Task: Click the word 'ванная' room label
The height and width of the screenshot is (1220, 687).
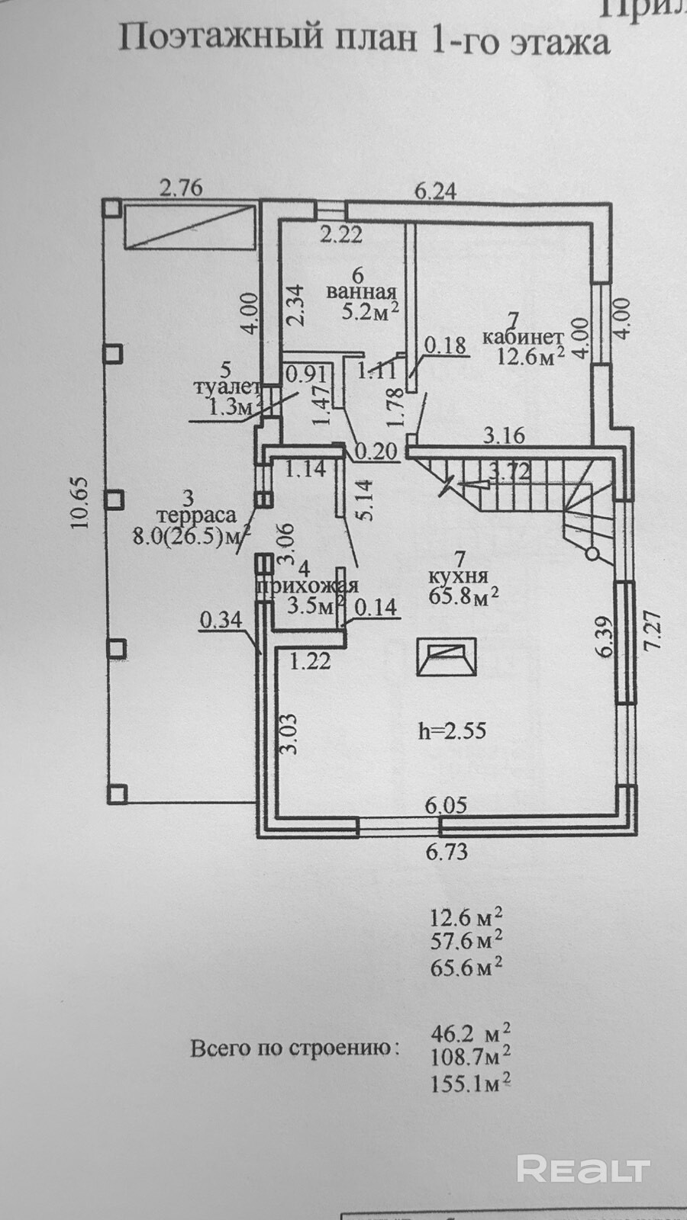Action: pyautogui.click(x=361, y=292)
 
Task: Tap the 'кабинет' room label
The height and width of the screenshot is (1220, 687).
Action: pyautogui.click(x=523, y=336)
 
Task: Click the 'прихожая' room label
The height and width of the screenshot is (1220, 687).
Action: pyautogui.click(x=307, y=586)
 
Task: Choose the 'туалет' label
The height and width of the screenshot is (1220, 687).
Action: pyautogui.click(x=227, y=388)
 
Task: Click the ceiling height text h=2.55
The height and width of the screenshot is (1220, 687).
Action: pyautogui.click(x=452, y=730)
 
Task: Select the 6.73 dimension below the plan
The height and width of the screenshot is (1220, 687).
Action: pyautogui.click(x=447, y=851)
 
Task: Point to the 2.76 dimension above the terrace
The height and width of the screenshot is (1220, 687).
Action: pyautogui.click(x=181, y=188)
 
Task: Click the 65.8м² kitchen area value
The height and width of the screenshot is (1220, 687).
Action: pyautogui.click(x=463, y=596)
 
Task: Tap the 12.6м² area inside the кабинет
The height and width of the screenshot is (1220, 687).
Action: pyautogui.click(x=530, y=355)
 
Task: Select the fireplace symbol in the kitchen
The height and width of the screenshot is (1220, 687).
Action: pyautogui.click(x=446, y=657)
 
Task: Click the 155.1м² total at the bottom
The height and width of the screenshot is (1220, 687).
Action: pyautogui.click(x=470, y=1082)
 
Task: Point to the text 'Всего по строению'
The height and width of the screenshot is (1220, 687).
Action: pyautogui.click(x=294, y=1048)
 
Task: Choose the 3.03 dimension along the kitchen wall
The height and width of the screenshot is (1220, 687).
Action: pyautogui.click(x=289, y=734)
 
